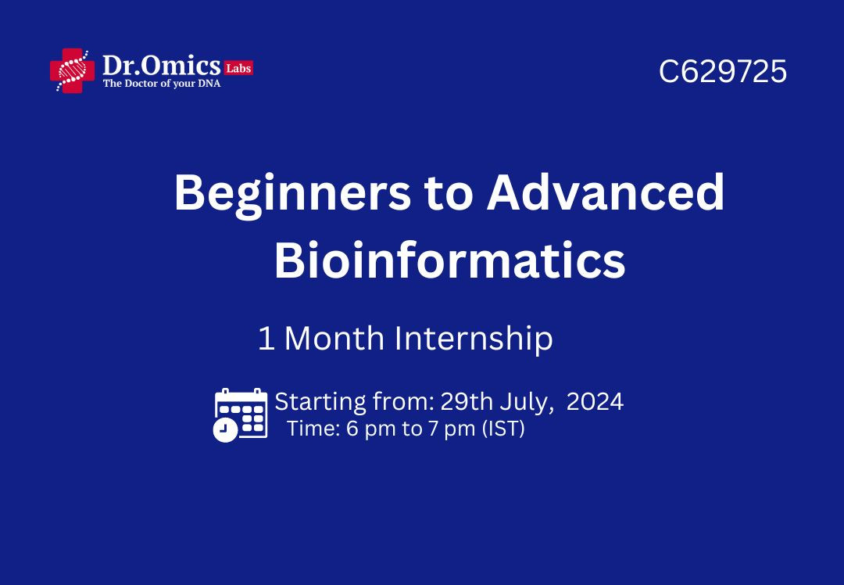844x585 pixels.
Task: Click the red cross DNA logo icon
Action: (x=72, y=70)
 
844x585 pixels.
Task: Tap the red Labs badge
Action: (x=239, y=68)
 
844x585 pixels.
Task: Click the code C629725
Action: (x=722, y=71)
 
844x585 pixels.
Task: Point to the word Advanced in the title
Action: (x=606, y=192)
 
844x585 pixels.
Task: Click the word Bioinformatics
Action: (x=450, y=260)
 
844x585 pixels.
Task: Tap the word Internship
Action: (x=474, y=339)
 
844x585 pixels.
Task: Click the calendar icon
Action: (x=241, y=415)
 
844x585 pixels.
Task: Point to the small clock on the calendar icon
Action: (x=225, y=430)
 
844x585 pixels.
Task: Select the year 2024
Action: (x=595, y=402)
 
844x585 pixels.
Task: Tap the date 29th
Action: (x=466, y=402)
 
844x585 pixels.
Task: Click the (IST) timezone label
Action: (x=503, y=429)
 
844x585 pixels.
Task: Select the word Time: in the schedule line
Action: (x=313, y=429)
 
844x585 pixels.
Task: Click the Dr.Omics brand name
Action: (x=162, y=66)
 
